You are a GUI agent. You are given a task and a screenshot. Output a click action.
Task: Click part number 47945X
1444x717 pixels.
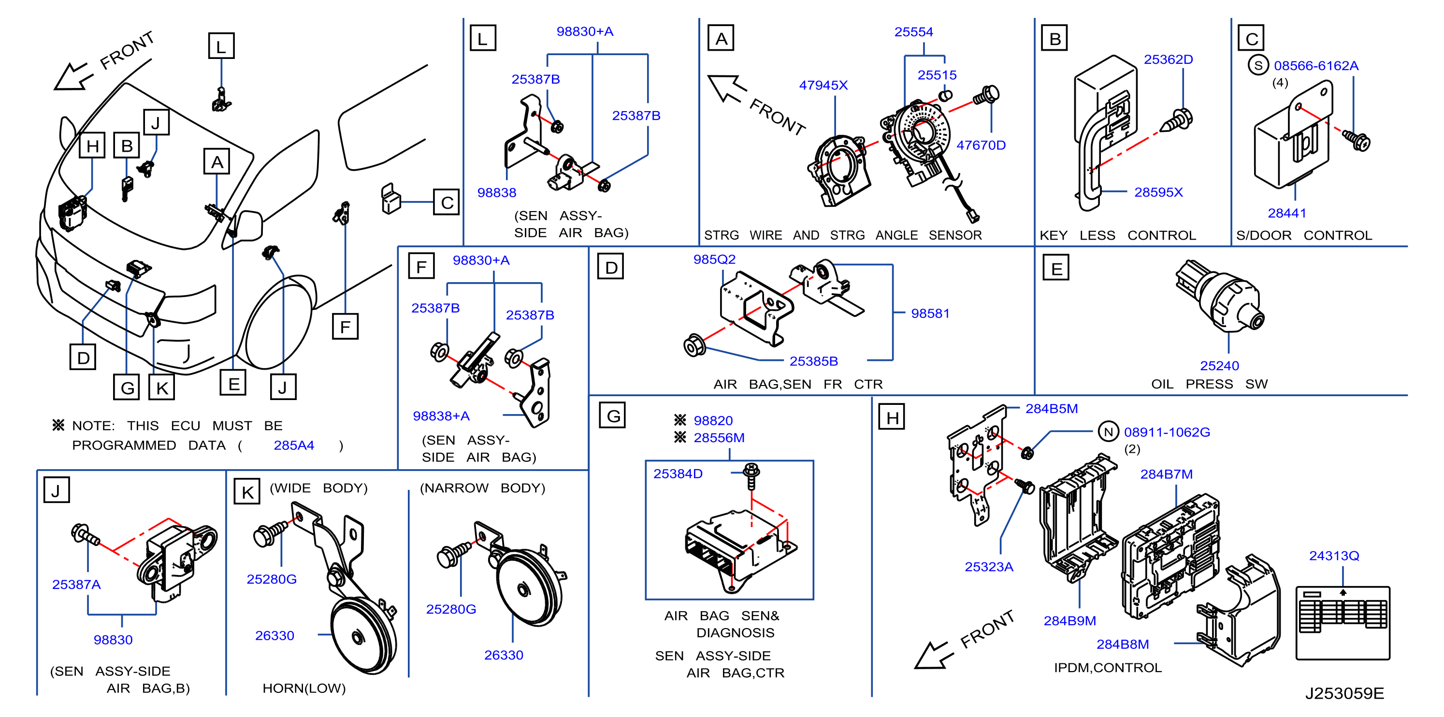tap(823, 85)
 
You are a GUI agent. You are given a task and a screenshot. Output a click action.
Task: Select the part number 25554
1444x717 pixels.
tap(914, 32)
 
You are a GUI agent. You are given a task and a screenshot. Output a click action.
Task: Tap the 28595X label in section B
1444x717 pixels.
tap(1158, 192)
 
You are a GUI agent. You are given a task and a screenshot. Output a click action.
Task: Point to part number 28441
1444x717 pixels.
tap(1286, 213)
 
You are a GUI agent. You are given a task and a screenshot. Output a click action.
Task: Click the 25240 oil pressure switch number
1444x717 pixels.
tap(1219, 366)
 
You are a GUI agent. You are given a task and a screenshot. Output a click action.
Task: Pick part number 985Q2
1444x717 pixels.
tap(714, 259)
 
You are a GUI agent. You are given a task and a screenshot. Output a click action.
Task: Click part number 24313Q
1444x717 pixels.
tap(1334, 556)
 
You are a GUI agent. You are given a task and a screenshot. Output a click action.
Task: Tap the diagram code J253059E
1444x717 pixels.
tap(1344, 693)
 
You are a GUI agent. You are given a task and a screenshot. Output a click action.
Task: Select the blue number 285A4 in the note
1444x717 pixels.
tap(294, 445)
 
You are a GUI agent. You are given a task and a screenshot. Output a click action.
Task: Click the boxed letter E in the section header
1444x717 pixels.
tap(1056, 268)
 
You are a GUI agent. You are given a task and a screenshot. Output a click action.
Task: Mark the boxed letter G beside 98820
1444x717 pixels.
tap(612, 416)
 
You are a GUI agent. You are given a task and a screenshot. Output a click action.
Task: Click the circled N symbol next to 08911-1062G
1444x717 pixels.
tap(1108, 431)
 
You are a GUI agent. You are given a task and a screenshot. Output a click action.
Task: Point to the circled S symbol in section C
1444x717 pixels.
tap(1258, 65)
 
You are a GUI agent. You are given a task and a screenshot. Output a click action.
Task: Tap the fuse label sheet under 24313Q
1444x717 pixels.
tap(1343, 623)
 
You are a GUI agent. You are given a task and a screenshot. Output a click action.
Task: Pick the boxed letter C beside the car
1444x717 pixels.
tap(447, 202)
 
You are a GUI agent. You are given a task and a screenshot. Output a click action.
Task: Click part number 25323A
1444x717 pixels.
tap(989, 567)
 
